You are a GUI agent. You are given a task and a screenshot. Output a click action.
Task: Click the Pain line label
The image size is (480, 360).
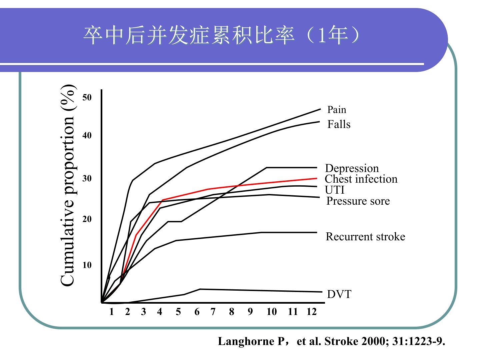[337, 110]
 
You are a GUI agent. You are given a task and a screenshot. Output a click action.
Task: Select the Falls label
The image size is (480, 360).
[339, 124]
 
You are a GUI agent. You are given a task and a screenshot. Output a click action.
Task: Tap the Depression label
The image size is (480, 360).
[352, 168]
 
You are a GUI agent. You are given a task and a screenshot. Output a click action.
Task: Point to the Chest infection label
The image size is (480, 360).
[361, 179]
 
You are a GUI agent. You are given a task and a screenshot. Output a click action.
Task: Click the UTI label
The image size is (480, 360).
[334, 190]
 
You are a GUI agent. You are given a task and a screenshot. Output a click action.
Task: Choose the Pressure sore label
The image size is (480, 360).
[358, 201]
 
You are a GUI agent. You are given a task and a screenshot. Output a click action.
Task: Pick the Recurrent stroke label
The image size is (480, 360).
[365, 237]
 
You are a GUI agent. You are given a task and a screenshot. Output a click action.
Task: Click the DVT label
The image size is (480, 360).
[339, 294]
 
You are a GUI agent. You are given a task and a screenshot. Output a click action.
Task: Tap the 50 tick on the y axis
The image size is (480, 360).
[87, 97]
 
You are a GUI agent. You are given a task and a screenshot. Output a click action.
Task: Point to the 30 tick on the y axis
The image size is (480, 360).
[87, 178]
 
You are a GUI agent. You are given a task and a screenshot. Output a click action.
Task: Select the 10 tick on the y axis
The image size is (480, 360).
[87, 265]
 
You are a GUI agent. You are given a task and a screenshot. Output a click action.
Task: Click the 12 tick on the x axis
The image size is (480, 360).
[311, 312]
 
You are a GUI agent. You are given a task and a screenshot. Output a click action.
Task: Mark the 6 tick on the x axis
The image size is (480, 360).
[197, 312]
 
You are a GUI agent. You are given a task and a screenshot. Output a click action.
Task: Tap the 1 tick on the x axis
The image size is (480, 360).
[111, 312]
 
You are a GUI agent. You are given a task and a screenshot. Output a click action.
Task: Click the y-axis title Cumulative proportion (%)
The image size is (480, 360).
[68, 185]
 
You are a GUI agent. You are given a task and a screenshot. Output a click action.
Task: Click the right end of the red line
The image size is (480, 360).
[316, 178]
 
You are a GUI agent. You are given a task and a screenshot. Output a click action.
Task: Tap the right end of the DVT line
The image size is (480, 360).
[322, 292]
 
